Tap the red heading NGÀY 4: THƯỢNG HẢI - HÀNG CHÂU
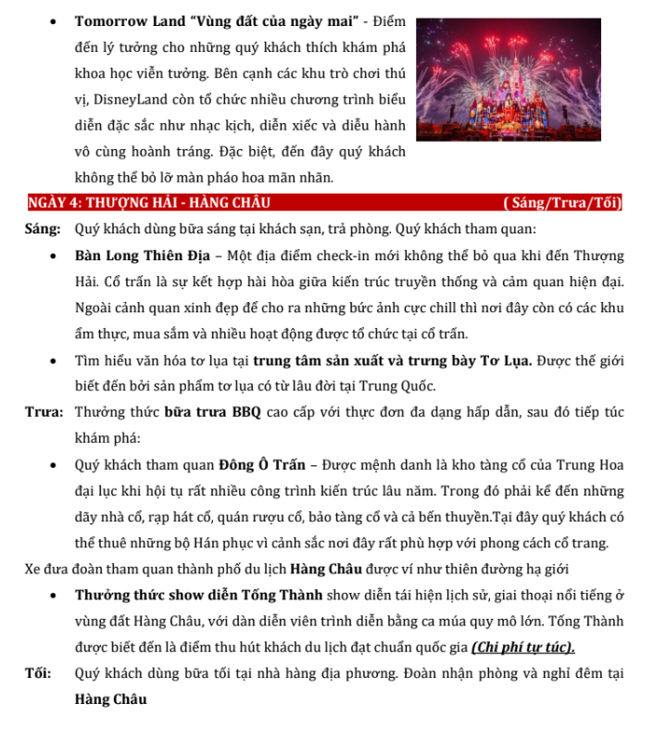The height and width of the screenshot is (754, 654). pos(149,203)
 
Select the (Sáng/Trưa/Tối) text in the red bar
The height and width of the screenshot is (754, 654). pos(561,203)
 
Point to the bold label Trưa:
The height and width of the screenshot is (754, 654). pos(44,412)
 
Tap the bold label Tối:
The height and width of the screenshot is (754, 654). pos(40,673)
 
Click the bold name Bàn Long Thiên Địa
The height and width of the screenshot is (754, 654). pos(138,256)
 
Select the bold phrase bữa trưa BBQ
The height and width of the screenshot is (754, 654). pos(213,412)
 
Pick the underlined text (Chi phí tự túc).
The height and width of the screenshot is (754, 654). pos(523,647)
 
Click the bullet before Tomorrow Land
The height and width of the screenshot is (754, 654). pos(57,20)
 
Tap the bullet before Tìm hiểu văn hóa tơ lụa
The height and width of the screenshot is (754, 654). pos(57,360)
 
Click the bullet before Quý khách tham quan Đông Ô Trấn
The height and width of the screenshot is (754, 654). pos(57,465)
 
